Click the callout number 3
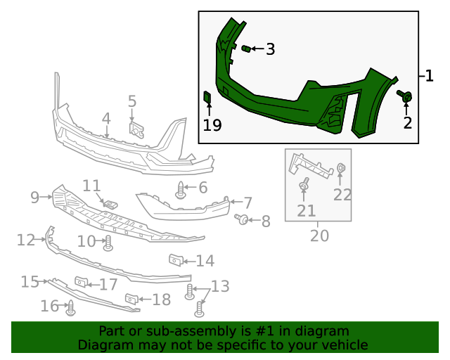pos(270,49)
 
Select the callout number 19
pos(212,125)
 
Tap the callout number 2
pos(408,123)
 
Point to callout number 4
pos(106,118)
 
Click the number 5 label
pos(132,101)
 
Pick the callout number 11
pos(92,186)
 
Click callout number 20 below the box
pos(319,236)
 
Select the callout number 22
pos(342,195)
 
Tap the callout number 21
pos(306,210)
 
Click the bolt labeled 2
pos(406,97)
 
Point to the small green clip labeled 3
pos(246,49)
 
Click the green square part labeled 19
pos(207,97)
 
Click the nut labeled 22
pos(340,168)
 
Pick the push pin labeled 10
pos(108,244)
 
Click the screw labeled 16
pos(70,307)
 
